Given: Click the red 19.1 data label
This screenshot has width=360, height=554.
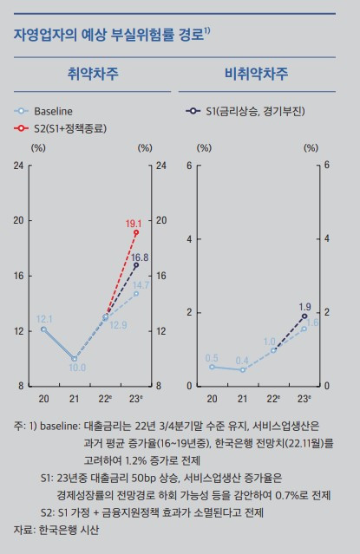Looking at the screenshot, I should pos(134,222).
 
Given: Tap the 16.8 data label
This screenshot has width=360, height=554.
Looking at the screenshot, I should pos(140,257).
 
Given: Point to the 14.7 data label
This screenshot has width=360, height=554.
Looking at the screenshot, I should pos(141,284).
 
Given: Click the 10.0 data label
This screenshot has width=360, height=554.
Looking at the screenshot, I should pos(77,368).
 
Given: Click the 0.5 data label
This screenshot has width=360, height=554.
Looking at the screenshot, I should pos(212,357).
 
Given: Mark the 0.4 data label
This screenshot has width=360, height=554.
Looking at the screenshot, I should pos(242,360).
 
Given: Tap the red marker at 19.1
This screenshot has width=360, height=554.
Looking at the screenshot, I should pos(136,233).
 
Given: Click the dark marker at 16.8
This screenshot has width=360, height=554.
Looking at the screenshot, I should pos(136,264).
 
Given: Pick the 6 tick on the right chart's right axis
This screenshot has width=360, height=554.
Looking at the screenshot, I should pos(328,165).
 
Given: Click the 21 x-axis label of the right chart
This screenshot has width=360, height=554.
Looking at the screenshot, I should pos(243,398).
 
